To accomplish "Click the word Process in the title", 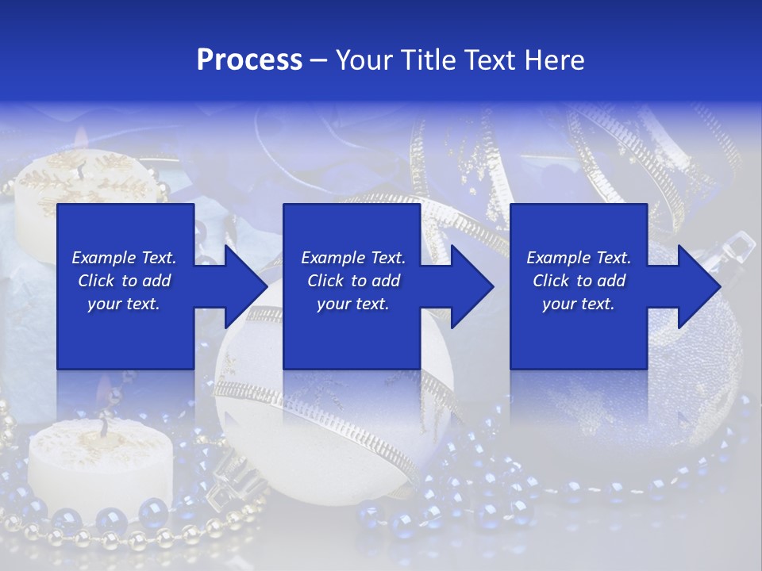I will (249, 60).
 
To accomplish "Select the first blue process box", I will (125, 333).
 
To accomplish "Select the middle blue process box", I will (352, 333).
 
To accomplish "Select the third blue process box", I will (578, 333).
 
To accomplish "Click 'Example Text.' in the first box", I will (124, 258).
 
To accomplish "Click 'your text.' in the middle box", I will (352, 304).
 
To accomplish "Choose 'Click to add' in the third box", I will (579, 281).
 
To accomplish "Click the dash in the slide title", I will (319, 60).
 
